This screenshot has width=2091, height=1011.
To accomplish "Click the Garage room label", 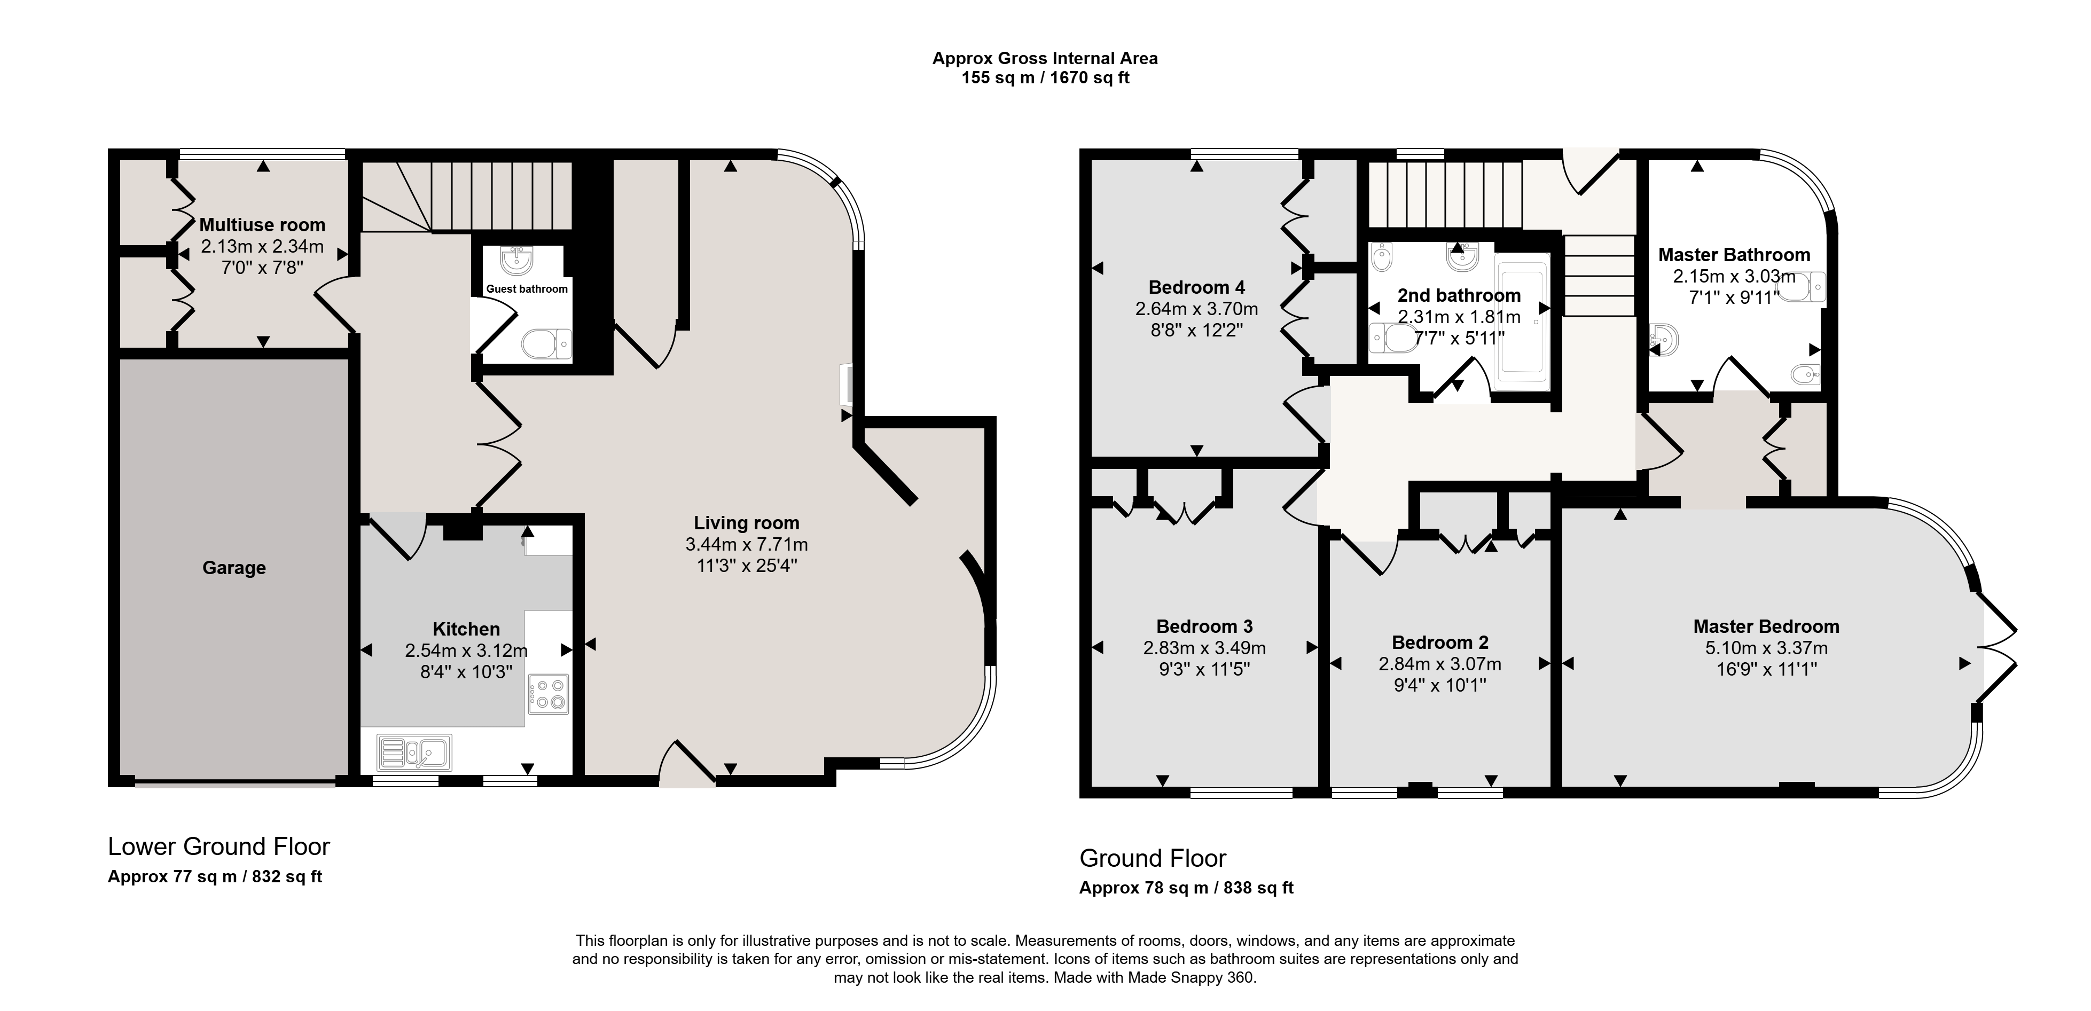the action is click(234, 568).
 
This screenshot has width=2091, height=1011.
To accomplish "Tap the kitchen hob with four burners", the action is click(548, 694).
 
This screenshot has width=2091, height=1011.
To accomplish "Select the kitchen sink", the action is click(414, 751).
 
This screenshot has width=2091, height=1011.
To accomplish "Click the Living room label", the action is click(746, 523).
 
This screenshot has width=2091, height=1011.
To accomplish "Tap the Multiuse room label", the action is click(262, 225).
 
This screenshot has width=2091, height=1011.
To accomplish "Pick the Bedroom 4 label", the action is click(1196, 287).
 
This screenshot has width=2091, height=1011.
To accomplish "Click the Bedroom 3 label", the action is click(1204, 626).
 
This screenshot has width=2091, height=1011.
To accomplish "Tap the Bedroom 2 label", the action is click(1440, 642).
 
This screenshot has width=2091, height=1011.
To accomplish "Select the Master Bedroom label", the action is click(1766, 626).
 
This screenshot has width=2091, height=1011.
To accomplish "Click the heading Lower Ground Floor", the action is click(219, 847).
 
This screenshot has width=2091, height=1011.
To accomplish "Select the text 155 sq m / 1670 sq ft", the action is click(1046, 78).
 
